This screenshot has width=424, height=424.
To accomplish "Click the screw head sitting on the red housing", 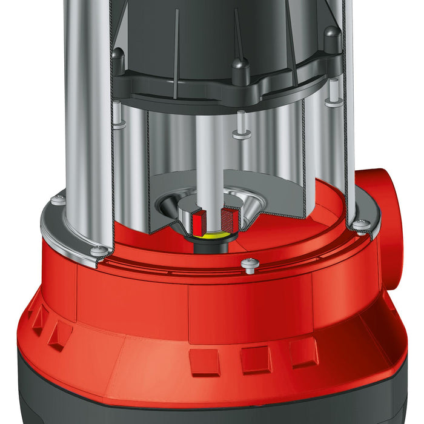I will pyautogui.click(x=250, y=263).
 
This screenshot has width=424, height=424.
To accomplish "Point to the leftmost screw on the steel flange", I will pyautogui.click(x=58, y=199).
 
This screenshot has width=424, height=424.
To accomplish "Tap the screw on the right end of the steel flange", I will pyautogui.click(x=362, y=225).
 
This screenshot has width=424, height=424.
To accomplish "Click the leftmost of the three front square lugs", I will pyautogui.click(x=204, y=362).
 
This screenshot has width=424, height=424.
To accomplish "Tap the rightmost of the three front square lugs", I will pyautogui.click(x=302, y=353).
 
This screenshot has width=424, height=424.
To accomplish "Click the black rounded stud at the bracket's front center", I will pyautogui.click(x=241, y=69).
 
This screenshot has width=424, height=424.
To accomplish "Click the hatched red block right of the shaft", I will pyautogui.click(x=225, y=218).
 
